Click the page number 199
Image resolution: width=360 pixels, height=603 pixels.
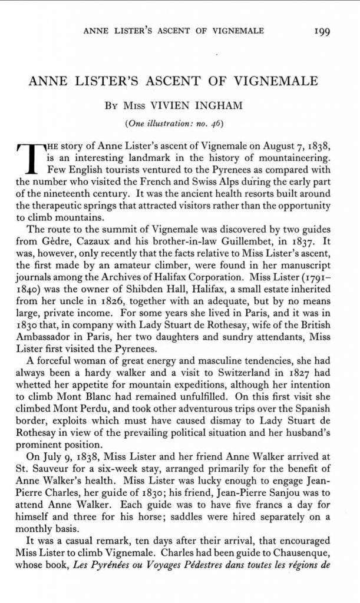[325, 30]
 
